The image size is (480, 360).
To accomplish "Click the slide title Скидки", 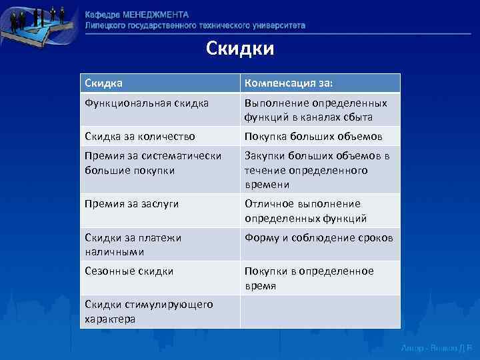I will [x=240, y=49].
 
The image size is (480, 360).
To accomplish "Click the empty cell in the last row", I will [x=320, y=311].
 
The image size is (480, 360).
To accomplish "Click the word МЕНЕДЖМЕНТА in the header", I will [x=155, y=15].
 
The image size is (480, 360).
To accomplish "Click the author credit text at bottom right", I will [x=437, y=348].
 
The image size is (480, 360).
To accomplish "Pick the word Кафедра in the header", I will [x=103, y=15].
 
